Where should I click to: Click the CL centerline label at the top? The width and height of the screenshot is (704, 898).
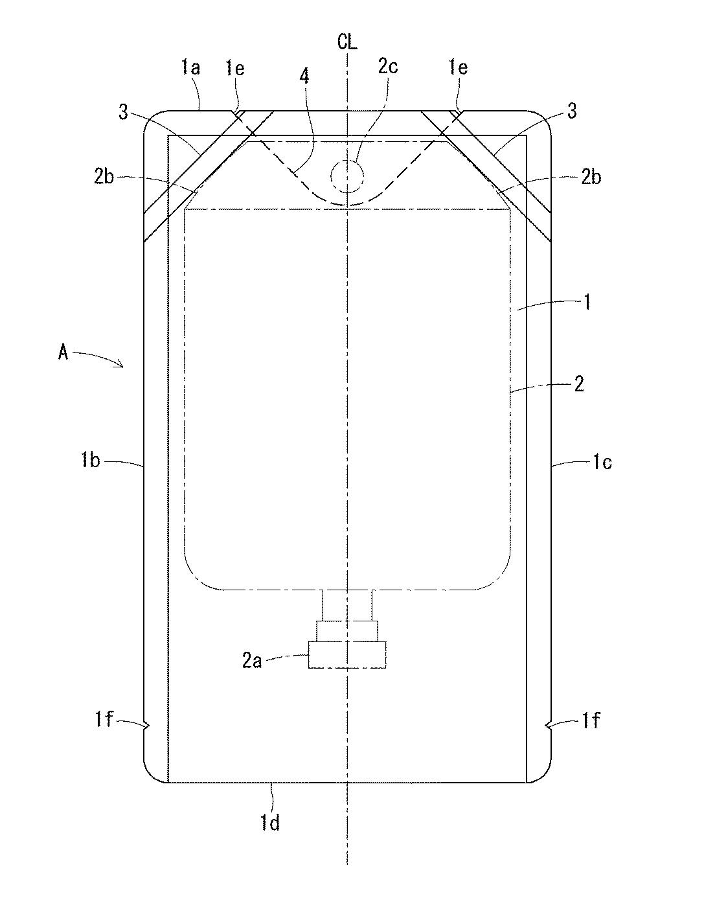[347, 42]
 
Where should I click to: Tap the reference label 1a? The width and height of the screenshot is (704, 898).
[191, 68]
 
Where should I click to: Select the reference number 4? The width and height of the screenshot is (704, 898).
[304, 76]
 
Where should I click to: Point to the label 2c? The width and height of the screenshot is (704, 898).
[388, 67]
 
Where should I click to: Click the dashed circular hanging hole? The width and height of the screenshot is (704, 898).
[347, 176]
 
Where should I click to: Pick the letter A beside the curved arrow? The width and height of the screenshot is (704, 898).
[63, 353]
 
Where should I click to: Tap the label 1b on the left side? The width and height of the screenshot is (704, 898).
[91, 461]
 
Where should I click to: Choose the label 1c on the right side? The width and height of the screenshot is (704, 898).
[602, 463]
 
